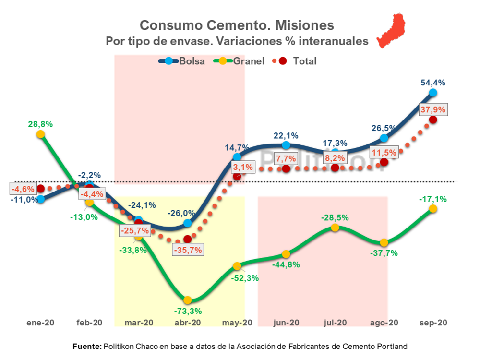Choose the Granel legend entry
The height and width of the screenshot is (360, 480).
click(241, 61)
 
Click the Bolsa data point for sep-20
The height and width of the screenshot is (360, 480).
click(433, 93)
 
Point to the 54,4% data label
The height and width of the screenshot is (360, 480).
click(433, 83)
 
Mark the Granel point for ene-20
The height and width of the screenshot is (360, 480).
click(41, 134)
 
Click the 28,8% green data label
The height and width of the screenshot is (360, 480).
click(40, 124)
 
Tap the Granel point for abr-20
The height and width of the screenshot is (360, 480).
click(188, 300)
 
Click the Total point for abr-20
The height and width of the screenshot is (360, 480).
click(188, 239)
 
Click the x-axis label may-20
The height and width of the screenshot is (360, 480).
click(237, 323)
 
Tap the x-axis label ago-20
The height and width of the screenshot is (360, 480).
click(384, 323)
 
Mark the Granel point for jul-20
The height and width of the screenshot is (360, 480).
click(335, 228)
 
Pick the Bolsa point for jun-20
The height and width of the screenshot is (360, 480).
click(286, 145)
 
